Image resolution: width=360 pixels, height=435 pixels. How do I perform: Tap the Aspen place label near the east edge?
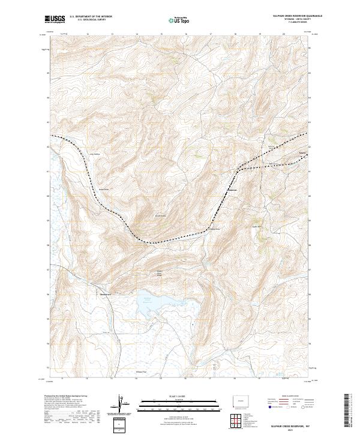click(302, 152)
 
